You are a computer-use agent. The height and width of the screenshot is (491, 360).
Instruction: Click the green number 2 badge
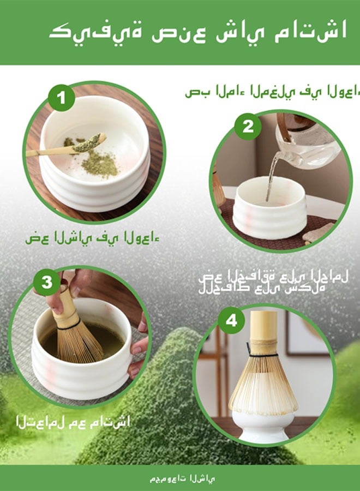point(248,127)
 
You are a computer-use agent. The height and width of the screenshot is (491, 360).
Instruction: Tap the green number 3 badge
point(47,283)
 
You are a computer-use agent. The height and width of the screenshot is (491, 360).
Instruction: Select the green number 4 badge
point(231,320)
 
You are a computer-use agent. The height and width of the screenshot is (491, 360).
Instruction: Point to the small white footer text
point(183,478)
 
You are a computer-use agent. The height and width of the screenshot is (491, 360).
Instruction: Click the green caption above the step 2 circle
point(272,92)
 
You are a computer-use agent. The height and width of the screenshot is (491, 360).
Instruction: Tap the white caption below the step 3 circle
point(73,421)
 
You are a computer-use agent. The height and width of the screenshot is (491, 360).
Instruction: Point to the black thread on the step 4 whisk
point(263,355)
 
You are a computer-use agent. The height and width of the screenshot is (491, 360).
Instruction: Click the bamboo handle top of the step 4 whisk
point(264,326)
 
